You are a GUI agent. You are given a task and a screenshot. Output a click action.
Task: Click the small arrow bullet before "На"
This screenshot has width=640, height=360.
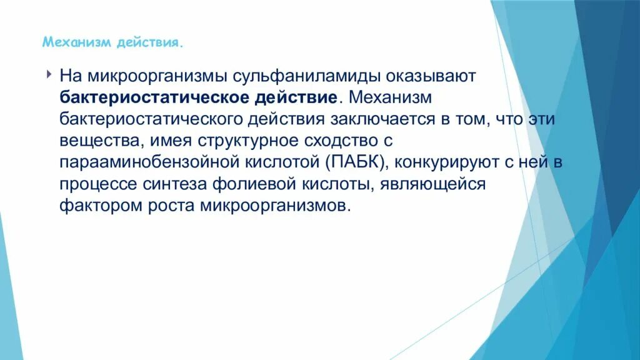point(49,75)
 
